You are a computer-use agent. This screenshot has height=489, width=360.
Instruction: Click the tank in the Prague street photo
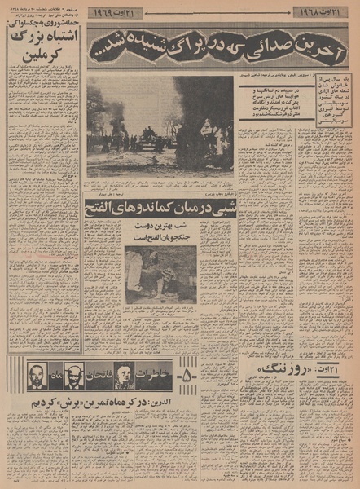point(149,136)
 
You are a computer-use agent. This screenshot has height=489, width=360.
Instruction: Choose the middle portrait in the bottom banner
point(73,376)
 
